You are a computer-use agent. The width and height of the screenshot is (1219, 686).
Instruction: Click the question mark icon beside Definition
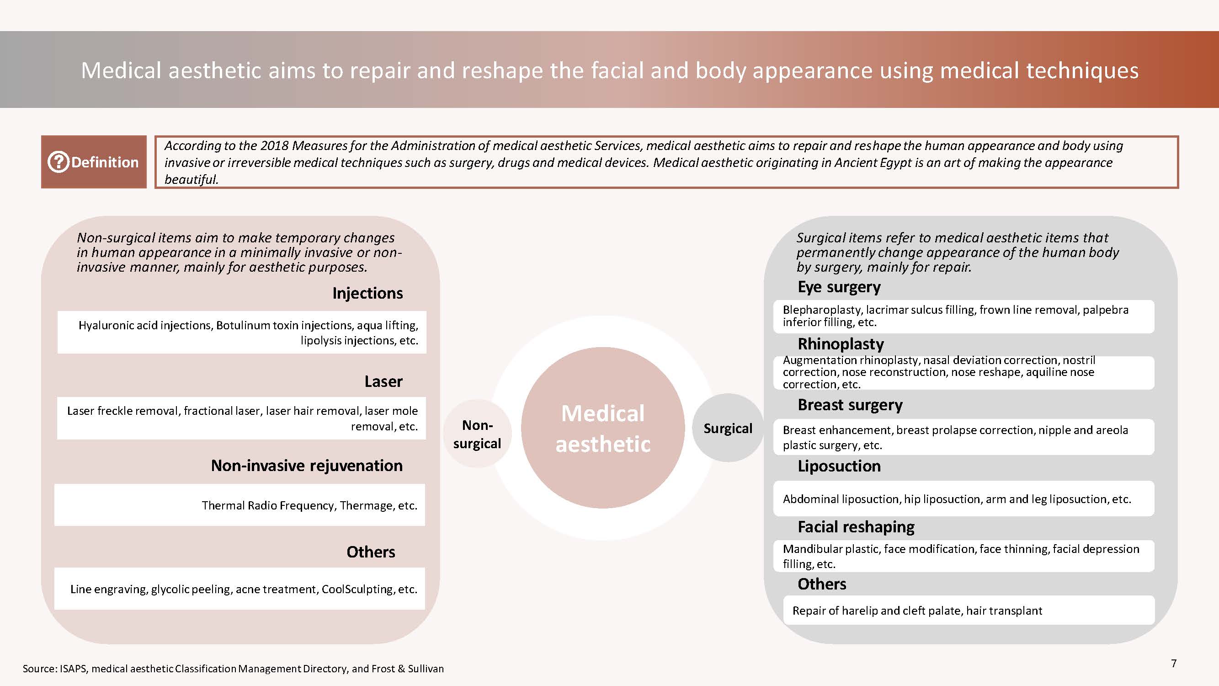coord(58,162)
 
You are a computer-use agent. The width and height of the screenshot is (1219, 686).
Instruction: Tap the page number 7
coord(1174,663)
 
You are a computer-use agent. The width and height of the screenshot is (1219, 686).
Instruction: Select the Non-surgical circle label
coord(477,434)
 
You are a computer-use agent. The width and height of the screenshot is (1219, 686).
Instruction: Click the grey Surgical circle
coord(728,428)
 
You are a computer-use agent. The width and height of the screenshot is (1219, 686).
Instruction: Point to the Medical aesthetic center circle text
coord(603,429)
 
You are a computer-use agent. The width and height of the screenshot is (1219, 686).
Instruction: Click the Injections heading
coord(367,293)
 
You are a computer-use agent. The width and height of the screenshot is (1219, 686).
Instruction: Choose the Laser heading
coord(383,381)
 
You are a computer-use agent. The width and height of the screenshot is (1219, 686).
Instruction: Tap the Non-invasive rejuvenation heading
coord(307,466)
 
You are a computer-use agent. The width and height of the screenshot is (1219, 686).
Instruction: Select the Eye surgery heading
coord(839,287)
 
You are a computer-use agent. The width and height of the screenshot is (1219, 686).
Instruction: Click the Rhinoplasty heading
coord(841,344)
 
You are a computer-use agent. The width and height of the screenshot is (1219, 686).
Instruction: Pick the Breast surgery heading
coord(850,405)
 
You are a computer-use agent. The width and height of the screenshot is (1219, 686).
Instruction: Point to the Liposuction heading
coord(839,466)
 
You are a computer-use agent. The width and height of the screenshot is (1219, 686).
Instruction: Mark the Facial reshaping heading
coord(856,526)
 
